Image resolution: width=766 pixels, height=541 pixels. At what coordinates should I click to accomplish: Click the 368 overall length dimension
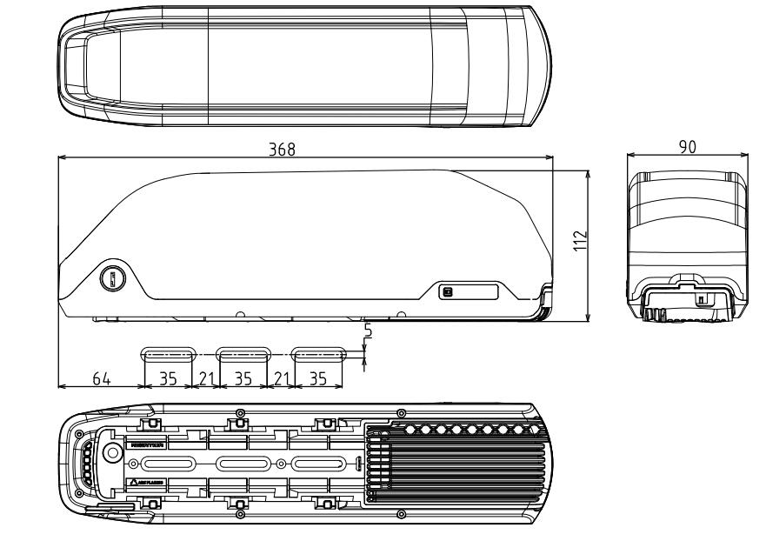281,150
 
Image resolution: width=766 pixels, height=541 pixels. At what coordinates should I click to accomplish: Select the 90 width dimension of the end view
687,148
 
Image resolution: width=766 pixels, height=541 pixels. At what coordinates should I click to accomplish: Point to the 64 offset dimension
101,379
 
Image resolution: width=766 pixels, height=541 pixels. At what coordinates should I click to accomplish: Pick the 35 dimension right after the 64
167,379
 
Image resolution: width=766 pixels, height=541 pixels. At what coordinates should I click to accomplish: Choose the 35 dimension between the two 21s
244,379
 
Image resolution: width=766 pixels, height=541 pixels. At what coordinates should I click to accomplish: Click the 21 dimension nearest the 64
205,379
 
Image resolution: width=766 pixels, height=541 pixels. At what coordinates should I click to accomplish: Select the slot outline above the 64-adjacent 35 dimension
168,354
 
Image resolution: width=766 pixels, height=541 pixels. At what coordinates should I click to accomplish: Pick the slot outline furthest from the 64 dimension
319,354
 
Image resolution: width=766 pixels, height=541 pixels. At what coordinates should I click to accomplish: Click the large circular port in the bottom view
111,453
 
